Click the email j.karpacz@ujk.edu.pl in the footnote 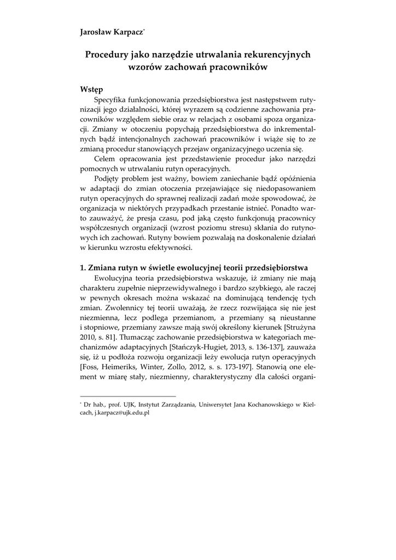(x=119, y=413)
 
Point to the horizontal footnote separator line (x=127, y=395)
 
